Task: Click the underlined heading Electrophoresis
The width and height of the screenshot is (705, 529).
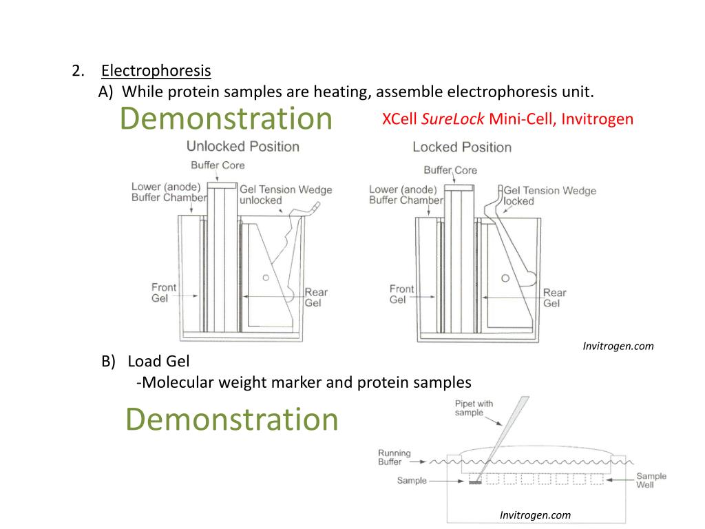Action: pos(156,70)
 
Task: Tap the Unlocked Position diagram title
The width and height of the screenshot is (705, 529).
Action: pos(242,146)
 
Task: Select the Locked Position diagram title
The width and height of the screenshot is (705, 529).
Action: pos(461,147)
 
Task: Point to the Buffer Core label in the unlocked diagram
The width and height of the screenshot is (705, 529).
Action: pos(218,165)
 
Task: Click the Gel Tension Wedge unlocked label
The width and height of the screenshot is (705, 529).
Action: pos(285,195)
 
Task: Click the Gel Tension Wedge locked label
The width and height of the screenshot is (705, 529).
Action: pos(549,196)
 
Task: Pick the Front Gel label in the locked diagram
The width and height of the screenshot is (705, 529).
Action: pos(401,294)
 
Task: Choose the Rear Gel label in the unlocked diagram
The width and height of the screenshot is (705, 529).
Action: pos(316,297)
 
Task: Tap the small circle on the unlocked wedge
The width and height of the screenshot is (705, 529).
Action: pos(266,278)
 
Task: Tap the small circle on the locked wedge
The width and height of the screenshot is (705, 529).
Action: pos(505,278)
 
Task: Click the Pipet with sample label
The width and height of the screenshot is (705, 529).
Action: pos(474,408)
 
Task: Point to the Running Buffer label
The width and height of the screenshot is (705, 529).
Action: pos(394,457)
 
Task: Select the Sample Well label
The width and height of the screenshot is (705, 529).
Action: pos(651,480)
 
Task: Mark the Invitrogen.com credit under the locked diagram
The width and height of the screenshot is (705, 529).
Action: pos(618,346)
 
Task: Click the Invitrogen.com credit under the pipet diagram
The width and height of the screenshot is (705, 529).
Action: pos(535,515)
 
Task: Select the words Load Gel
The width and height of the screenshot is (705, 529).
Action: pos(158,361)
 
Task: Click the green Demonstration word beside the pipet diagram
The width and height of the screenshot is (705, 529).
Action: pos(232,419)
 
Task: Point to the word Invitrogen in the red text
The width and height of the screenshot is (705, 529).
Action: pos(597,119)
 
